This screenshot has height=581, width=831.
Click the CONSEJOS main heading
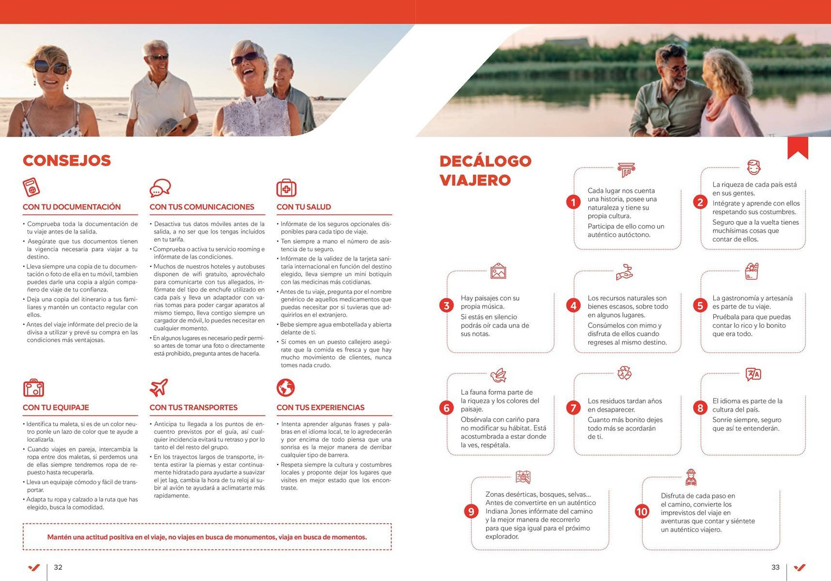click(67, 161)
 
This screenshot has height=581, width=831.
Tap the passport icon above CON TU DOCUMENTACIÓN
click(31, 187)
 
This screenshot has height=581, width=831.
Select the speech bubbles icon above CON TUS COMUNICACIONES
click(160, 188)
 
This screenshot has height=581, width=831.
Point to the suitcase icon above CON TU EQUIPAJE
click(33, 388)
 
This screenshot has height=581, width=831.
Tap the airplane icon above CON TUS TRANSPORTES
click(159, 387)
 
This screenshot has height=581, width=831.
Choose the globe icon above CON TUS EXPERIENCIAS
click(286, 388)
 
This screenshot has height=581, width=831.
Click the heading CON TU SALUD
click(304, 207)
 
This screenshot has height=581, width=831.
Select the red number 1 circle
click(573, 202)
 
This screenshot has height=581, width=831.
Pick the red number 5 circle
click(700, 306)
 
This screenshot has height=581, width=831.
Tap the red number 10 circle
click(642, 512)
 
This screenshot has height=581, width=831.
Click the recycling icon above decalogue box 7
click(624, 373)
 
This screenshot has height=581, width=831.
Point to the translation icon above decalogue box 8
click(753, 374)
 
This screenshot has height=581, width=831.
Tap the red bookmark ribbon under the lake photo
click(798, 147)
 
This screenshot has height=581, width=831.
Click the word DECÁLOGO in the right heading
click(485, 161)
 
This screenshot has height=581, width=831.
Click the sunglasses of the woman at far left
click(51, 68)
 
